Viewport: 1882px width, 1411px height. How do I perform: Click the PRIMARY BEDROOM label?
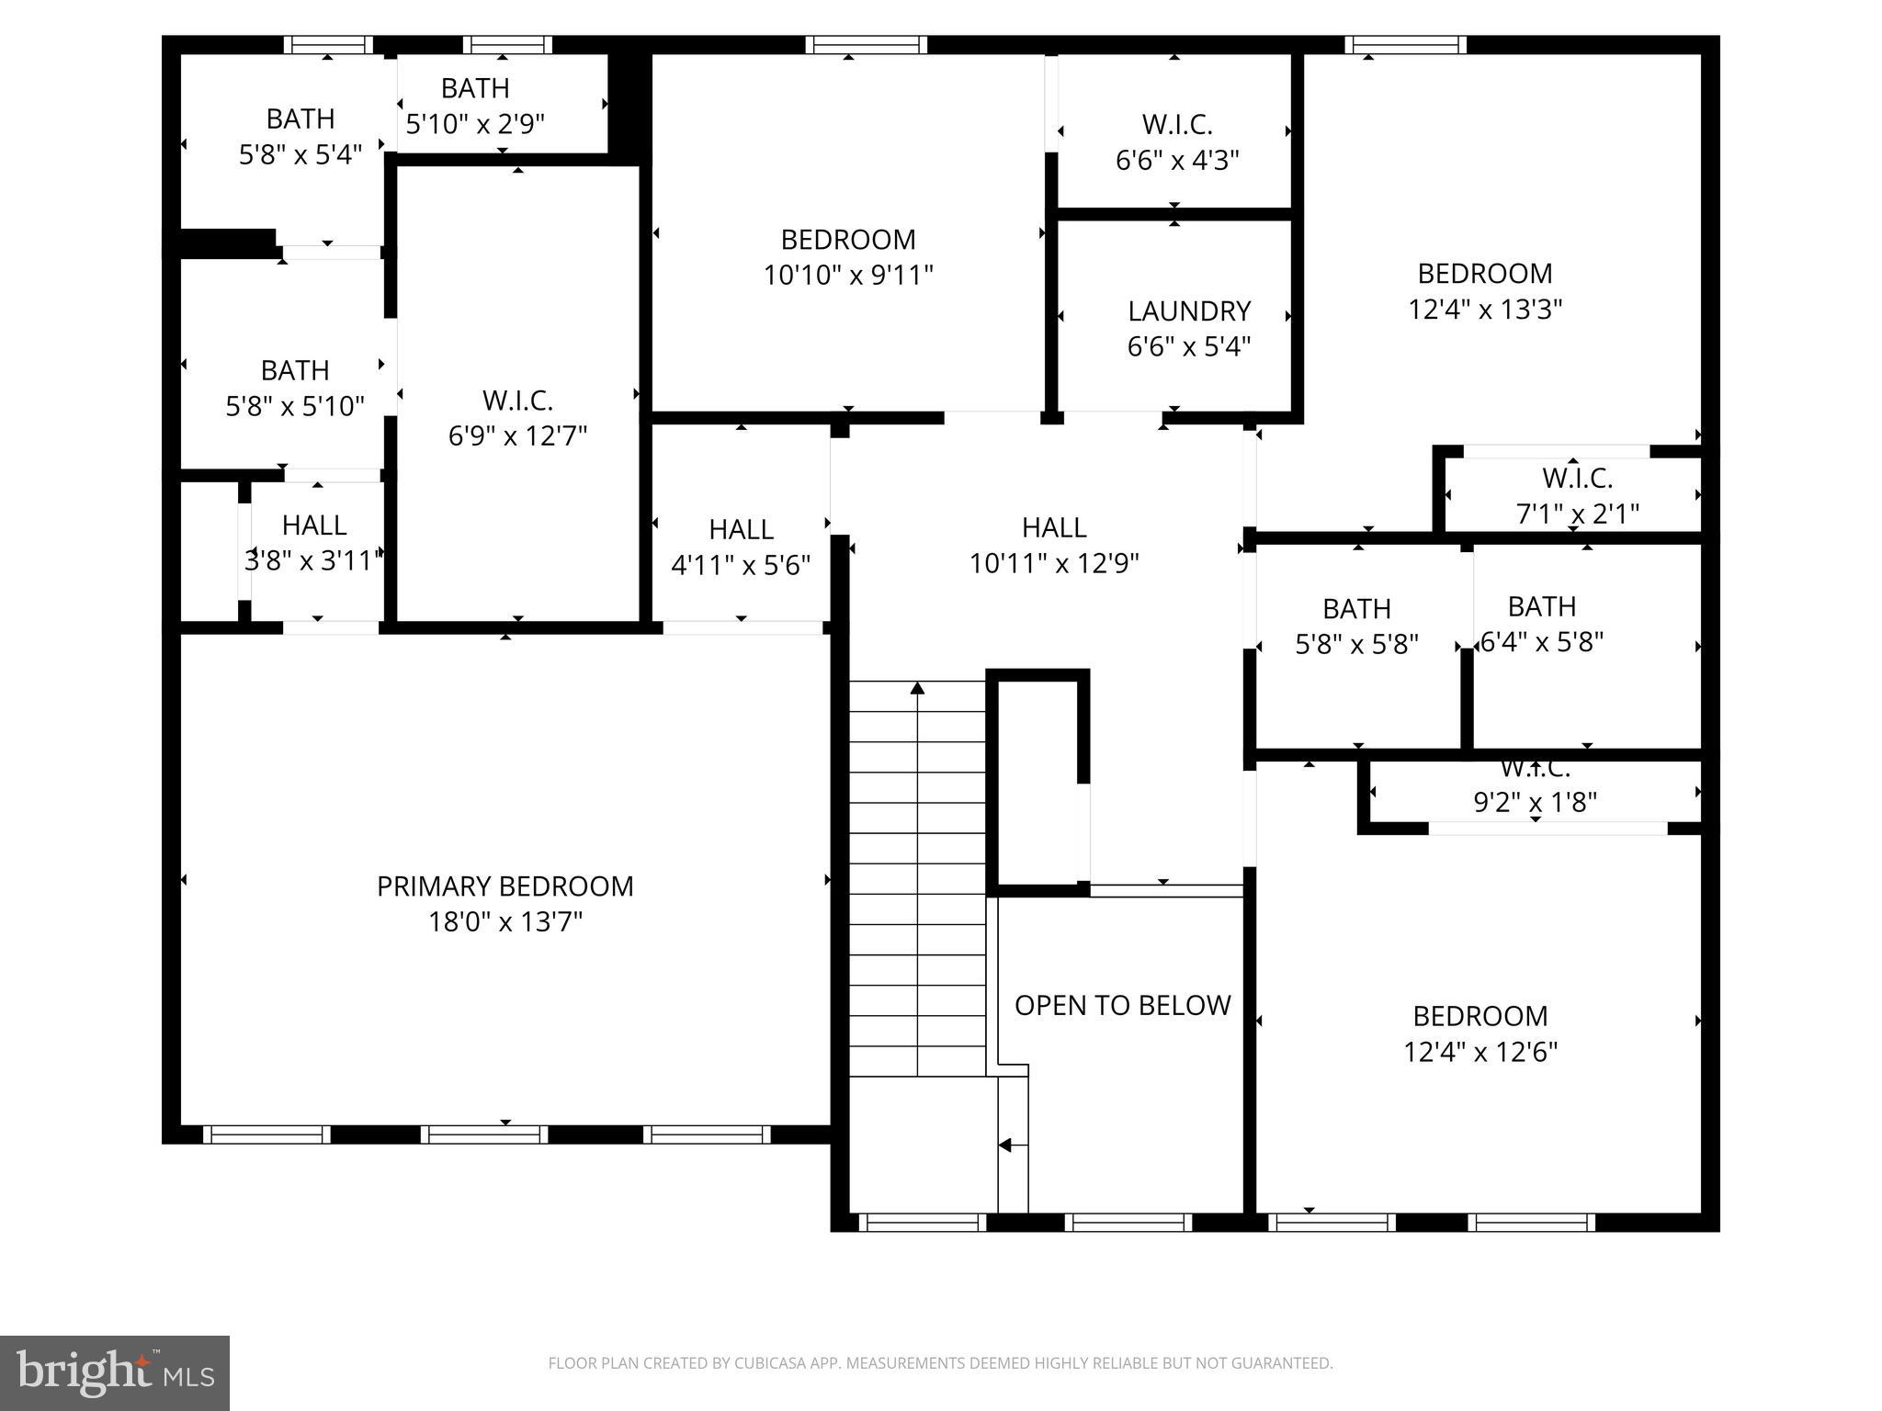(505, 886)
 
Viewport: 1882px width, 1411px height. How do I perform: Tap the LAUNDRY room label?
(1188, 311)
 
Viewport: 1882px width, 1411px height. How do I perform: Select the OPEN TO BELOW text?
(1122, 1005)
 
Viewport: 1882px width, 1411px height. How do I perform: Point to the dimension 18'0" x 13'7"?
(505, 921)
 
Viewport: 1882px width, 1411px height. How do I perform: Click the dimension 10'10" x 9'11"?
(847, 275)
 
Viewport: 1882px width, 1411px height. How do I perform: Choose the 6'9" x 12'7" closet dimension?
(517, 435)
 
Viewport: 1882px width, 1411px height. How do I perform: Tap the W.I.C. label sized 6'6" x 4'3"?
(1176, 125)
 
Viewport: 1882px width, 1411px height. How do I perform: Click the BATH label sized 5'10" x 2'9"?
(475, 88)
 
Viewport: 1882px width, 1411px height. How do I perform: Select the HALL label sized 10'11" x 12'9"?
(1053, 527)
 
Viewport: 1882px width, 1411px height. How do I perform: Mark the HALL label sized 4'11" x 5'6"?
(741, 530)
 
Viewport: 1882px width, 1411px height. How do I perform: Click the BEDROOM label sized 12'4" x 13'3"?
(1484, 274)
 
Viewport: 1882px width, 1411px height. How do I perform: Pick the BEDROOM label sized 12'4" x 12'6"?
(1480, 1016)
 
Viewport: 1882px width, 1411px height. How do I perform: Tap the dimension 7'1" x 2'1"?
(1576, 514)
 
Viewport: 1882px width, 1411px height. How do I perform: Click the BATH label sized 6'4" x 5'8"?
(1541, 606)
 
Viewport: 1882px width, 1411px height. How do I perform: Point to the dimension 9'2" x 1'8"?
(1534, 803)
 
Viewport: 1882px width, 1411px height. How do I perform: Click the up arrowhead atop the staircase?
(917, 687)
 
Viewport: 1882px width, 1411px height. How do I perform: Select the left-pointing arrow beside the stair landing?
(1005, 1146)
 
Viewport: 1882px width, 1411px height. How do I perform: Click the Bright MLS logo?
(114, 1372)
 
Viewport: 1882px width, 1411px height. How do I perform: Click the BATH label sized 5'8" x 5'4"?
(300, 119)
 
